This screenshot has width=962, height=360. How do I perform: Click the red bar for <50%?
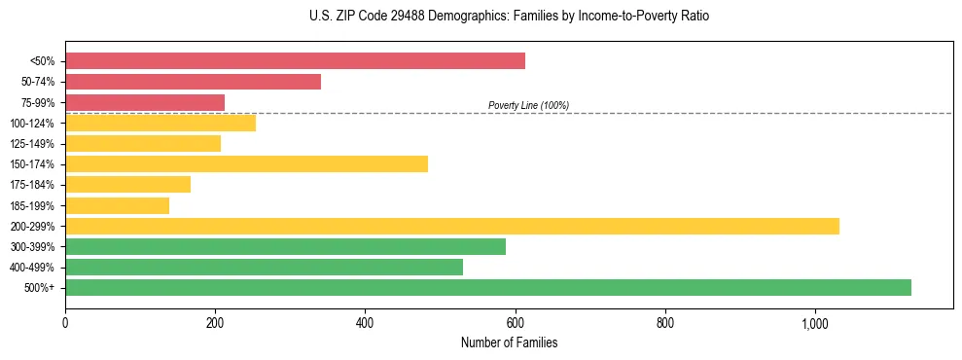[x=295, y=61]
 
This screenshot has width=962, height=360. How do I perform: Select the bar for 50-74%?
[x=193, y=82]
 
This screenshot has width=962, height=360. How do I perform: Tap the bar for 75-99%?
[x=145, y=102]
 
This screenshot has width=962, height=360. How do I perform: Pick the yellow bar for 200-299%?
[x=452, y=226]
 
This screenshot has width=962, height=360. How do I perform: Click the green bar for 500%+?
[x=488, y=287]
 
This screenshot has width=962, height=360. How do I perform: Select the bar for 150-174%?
[x=246, y=163]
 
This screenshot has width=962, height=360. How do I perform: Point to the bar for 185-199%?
[x=117, y=205]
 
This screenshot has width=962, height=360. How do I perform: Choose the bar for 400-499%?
[x=264, y=267]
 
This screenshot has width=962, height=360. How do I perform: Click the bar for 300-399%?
[x=285, y=246]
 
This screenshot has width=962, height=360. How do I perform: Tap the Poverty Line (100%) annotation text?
[x=528, y=105]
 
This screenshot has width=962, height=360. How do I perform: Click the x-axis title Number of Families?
[x=509, y=343]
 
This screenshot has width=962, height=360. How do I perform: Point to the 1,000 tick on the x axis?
[x=815, y=322]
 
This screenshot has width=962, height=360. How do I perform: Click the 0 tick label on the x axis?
[x=65, y=322]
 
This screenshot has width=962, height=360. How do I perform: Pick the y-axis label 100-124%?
[x=31, y=124]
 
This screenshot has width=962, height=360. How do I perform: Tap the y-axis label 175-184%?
[x=31, y=185]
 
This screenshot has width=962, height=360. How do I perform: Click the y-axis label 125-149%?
[x=31, y=144]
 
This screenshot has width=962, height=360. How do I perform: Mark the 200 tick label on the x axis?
[x=215, y=322]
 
